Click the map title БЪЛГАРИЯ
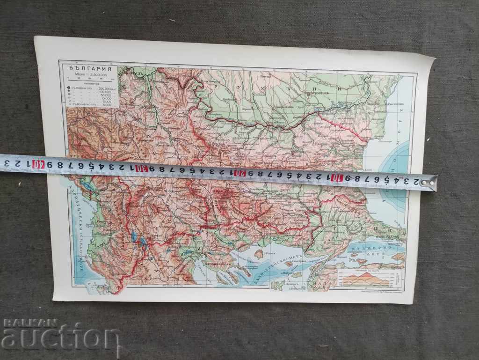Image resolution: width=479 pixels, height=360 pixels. (87, 67)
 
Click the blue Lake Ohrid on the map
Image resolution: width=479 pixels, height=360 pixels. (133, 236)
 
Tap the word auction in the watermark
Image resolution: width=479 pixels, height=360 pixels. (61, 338)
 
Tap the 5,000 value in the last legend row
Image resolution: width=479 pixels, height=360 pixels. (106, 104)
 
